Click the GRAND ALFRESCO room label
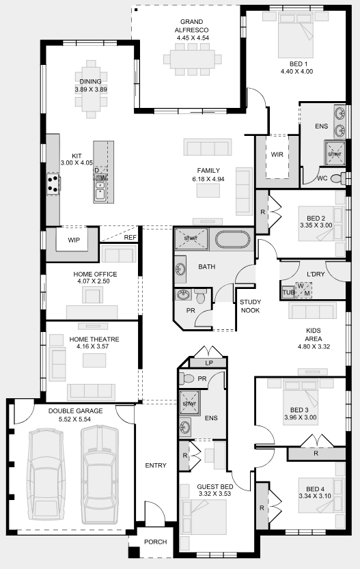191,26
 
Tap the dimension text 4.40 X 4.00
296,72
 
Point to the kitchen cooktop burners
53,183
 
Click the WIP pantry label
74,240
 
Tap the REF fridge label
130,238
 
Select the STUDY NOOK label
251,306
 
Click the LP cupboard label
209,363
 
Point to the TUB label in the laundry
288,292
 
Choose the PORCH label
155,542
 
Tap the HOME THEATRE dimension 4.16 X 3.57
93,346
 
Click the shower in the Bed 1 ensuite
335,154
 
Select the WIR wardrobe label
277,154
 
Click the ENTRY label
156,465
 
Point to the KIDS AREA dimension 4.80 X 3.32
314,346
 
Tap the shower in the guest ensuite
189,403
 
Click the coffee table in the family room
208,191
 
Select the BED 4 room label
315,489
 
